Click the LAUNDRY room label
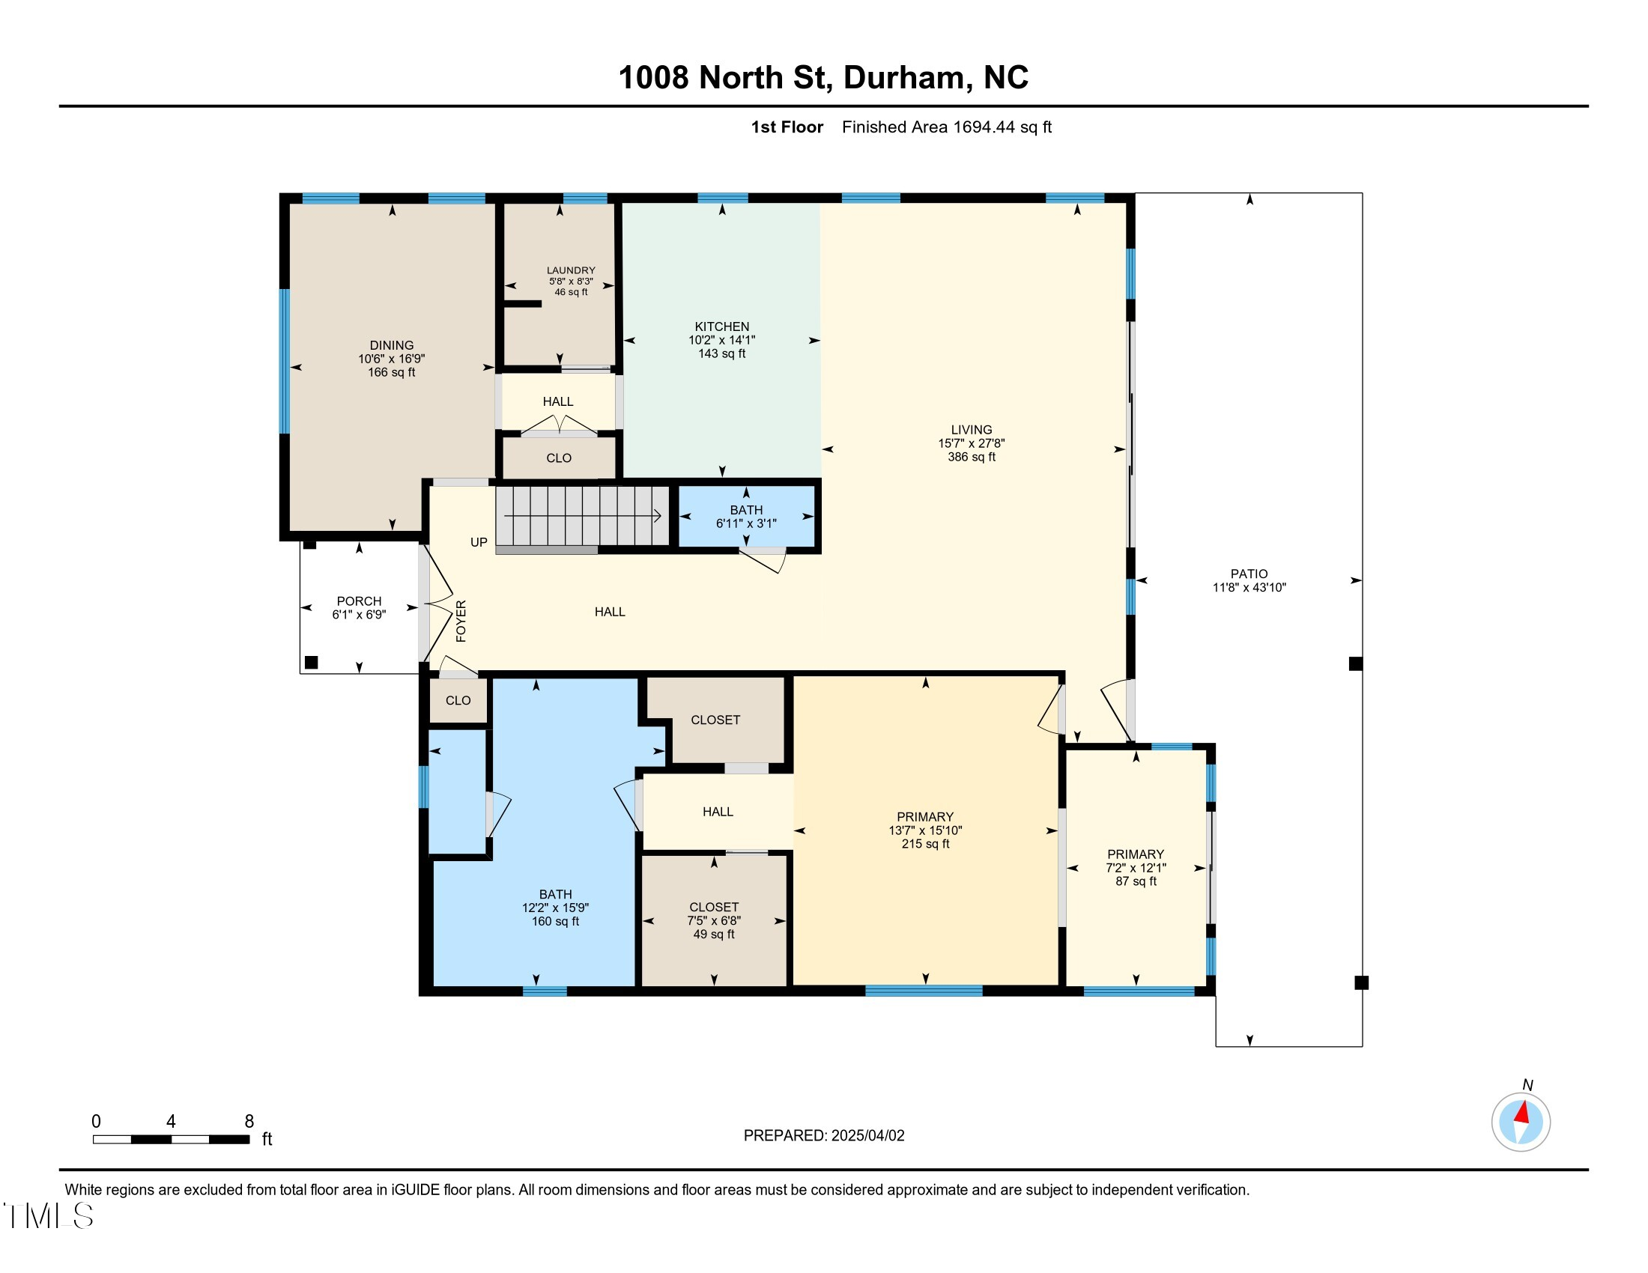tap(571, 270)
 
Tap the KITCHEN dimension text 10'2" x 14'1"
tap(721, 340)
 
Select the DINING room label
tap(392, 345)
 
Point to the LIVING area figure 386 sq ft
tap(971, 457)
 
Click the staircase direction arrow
tap(583, 516)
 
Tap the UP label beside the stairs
tap(479, 542)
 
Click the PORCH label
tap(359, 601)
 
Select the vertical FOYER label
tap(461, 622)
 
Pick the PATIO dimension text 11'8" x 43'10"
tap(1249, 588)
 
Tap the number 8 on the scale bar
tap(249, 1122)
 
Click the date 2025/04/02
tap(867, 1136)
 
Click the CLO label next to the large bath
tap(458, 701)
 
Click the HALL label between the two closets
tap(718, 812)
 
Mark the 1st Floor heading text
tap(787, 127)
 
